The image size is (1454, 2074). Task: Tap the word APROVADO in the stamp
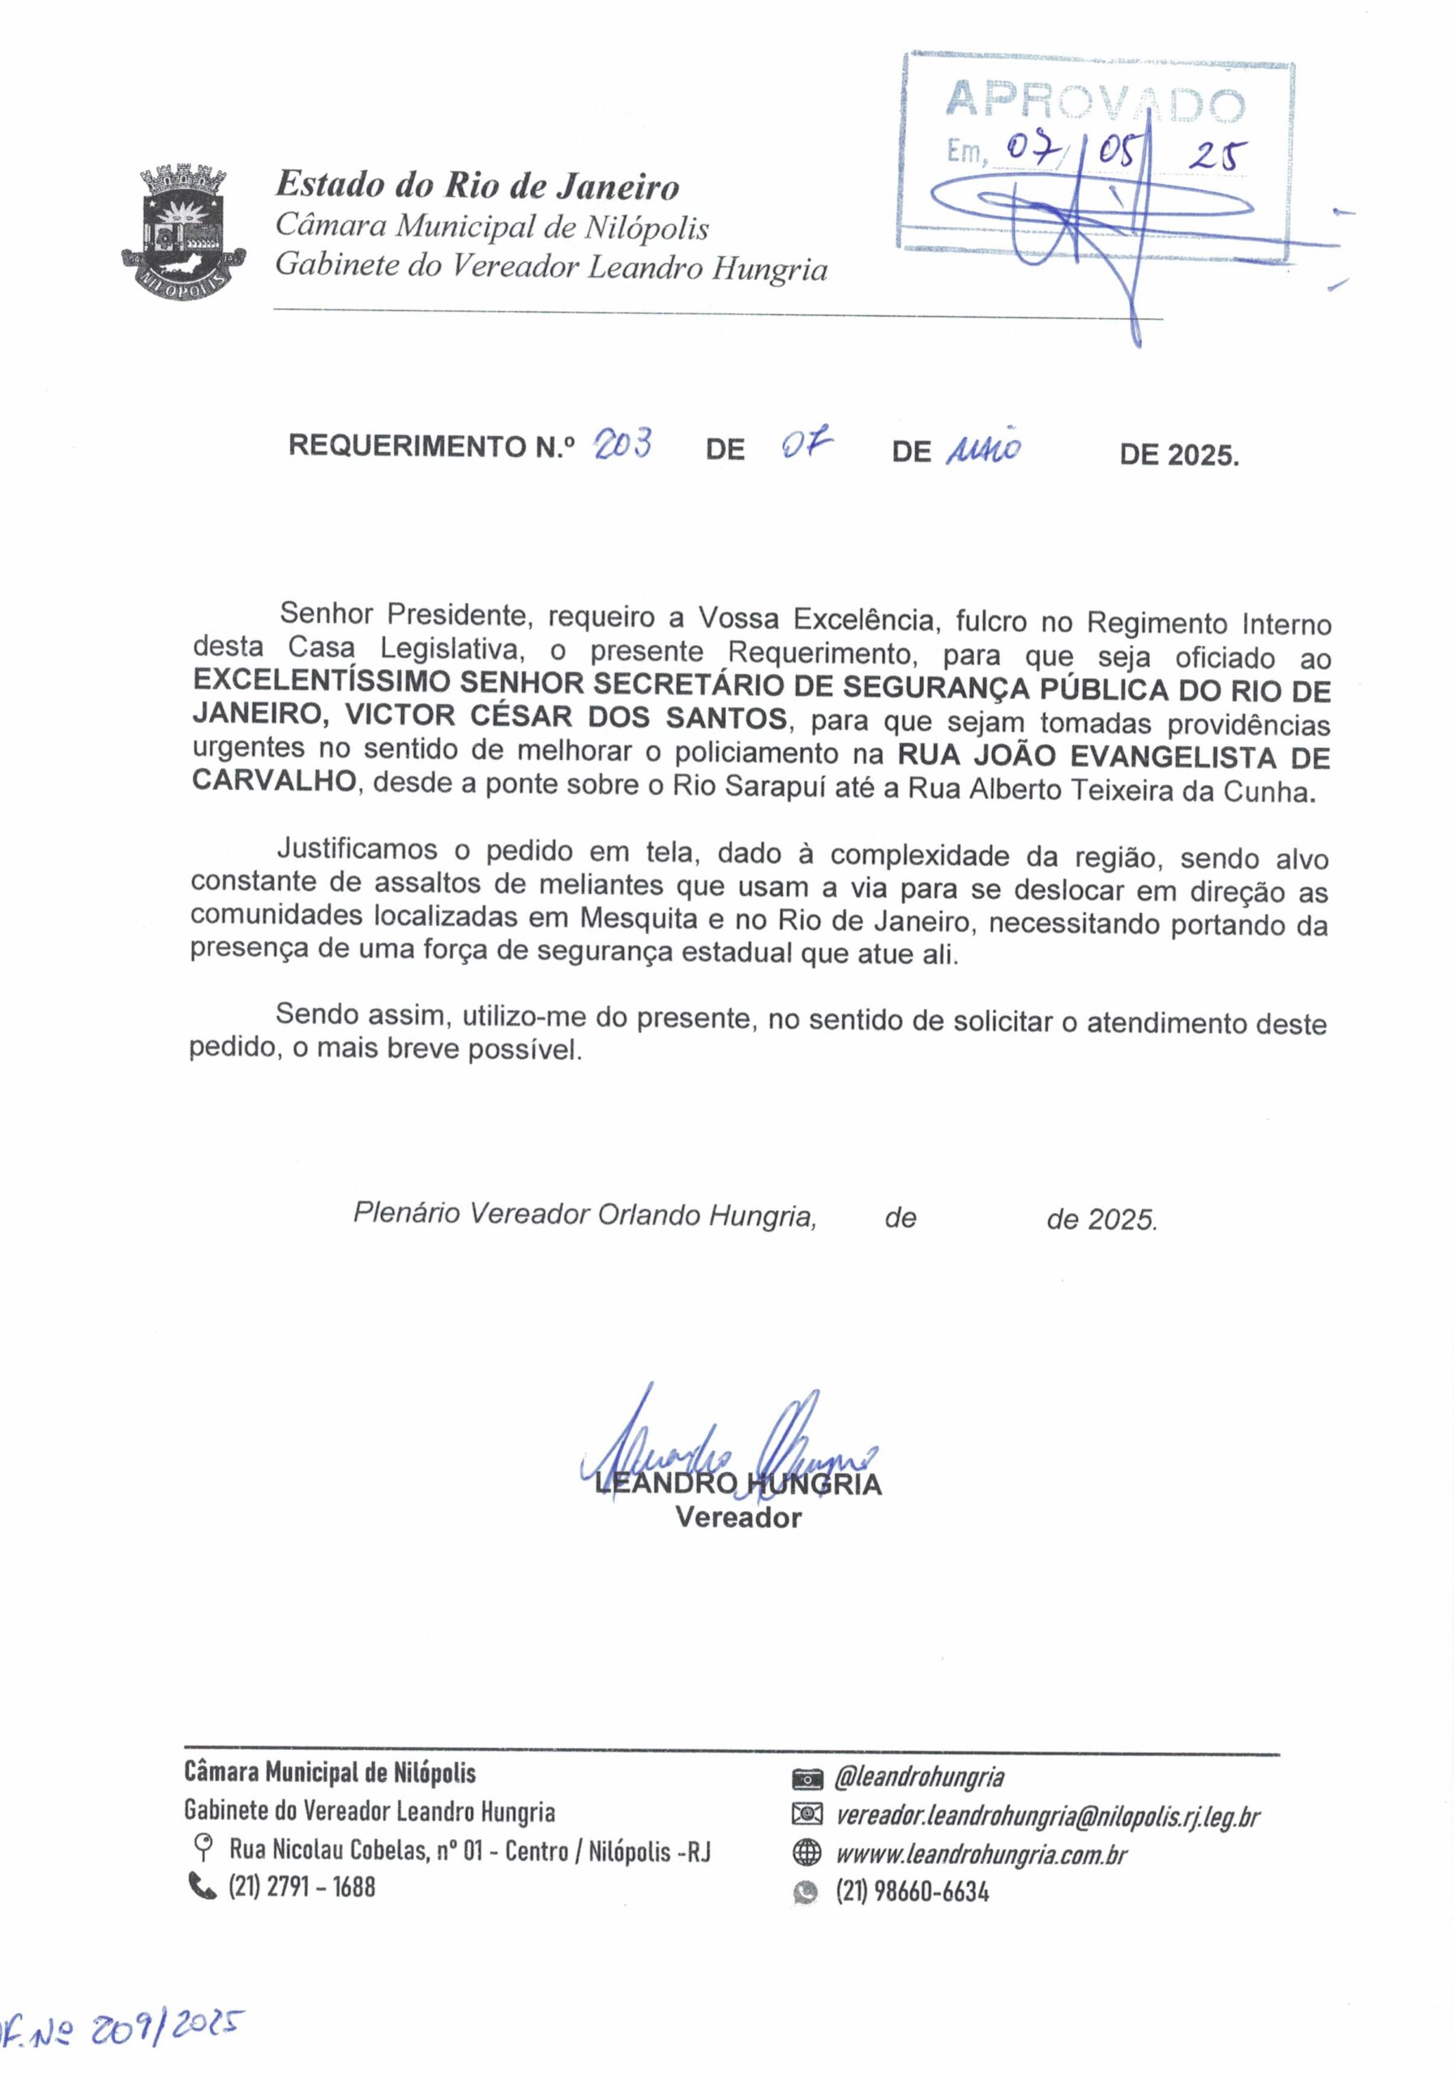1093,103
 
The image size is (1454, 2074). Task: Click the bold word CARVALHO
274,781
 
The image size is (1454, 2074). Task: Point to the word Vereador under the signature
738,1517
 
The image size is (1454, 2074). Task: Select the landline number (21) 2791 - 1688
301,1886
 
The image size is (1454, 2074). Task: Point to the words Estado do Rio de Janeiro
477,186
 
